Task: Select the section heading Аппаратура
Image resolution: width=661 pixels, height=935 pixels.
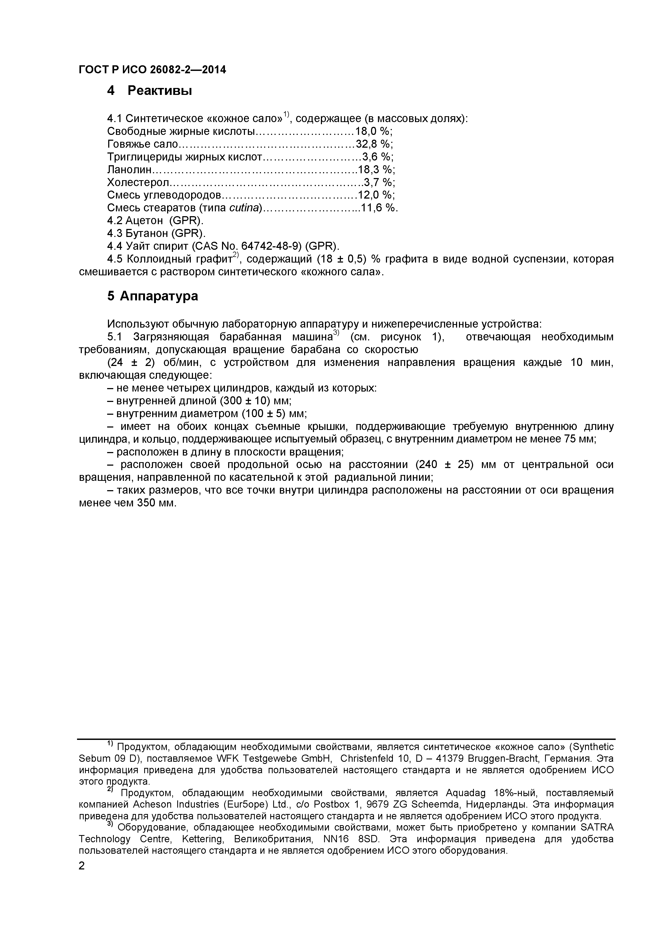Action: (158, 296)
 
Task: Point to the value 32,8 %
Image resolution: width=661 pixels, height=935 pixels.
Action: (374, 144)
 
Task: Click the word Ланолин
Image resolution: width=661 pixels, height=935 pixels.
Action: (130, 170)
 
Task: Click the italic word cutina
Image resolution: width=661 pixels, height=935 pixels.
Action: (244, 208)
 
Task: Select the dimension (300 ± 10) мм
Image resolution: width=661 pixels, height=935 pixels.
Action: (255, 401)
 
